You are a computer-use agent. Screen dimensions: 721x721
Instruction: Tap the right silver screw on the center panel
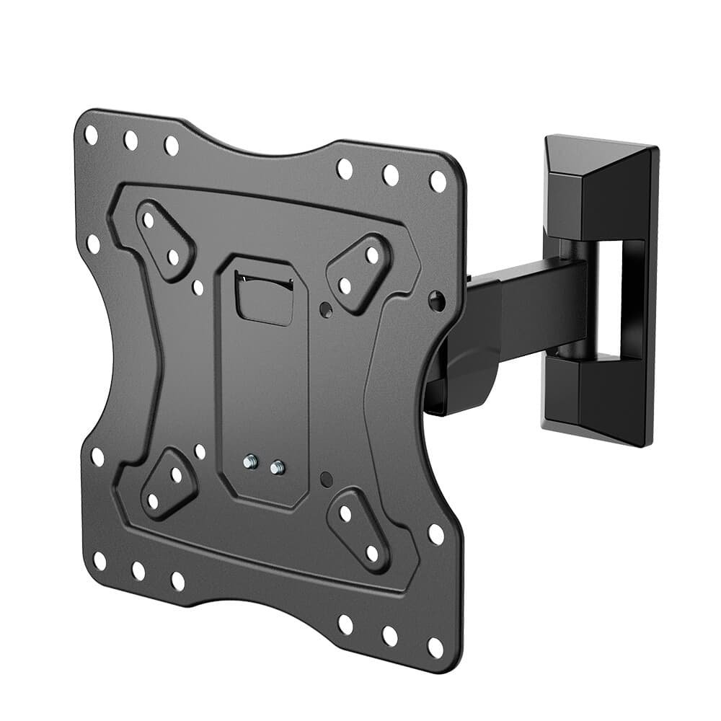coord(275,468)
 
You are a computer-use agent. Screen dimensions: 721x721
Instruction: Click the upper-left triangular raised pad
coord(164,240)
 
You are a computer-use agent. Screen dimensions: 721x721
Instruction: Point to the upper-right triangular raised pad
coord(358,272)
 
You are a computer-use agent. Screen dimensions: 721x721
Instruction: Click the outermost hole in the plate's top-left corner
coord(91,134)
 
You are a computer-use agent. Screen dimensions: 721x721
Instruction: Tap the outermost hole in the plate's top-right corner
coord(438,180)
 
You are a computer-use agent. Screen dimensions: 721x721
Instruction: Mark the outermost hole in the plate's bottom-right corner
coord(435,646)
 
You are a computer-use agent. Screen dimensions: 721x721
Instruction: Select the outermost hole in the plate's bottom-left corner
coord(99,560)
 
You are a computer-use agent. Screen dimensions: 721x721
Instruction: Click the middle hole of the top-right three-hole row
coord(390,174)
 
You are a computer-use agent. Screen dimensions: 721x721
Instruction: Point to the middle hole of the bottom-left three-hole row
coord(138,570)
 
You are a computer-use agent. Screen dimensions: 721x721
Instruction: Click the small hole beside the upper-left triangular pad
coord(198,288)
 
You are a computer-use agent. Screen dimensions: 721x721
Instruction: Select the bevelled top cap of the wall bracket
coord(598,162)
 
